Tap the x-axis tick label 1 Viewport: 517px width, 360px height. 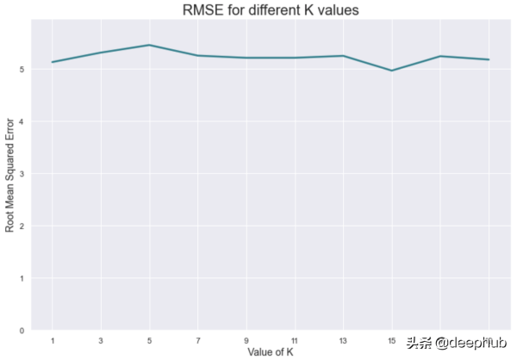pos(53,340)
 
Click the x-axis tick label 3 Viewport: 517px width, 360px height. pos(101,340)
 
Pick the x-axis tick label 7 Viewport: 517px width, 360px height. pos(198,340)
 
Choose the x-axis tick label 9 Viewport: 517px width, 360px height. pos(246,340)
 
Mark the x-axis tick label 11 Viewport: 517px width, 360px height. pos(295,340)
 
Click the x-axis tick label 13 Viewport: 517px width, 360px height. pos(344,340)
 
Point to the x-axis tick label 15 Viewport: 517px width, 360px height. pos(392,340)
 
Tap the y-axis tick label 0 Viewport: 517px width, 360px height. pos(22,331)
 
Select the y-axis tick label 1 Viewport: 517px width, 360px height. pos(22,278)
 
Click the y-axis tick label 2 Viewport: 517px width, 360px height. pos(22,226)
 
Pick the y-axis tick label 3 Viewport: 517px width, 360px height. pos(22,173)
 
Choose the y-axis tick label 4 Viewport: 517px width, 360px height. pos(22,121)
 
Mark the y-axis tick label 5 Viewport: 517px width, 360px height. pos(22,69)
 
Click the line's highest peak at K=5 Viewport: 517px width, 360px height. pos(150,45)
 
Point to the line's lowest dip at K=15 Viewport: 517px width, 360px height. pos(392,71)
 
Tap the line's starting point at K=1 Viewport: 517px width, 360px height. pos(53,62)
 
